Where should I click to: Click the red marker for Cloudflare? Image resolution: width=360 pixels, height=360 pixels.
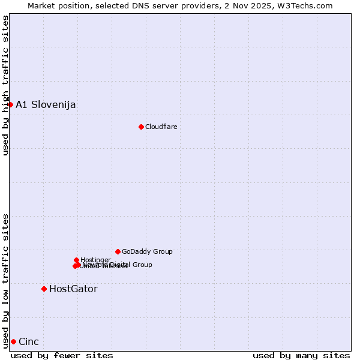(x=141, y=127)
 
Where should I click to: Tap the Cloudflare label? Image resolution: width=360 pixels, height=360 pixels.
(x=161, y=127)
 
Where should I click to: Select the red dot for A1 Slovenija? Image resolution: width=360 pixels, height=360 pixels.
(x=10, y=104)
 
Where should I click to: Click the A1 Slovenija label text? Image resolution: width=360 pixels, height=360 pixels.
(x=46, y=104)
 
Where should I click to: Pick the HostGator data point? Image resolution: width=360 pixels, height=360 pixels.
(x=44, y=289)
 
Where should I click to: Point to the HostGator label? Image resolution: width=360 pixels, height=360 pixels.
(x=73, y=289)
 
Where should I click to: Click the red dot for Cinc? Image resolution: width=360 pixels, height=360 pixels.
(x=13, y=341)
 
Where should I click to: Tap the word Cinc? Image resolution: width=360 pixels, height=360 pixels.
(x=29, y=341)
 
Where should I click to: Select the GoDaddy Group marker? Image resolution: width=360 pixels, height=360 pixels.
(x=118, y=251)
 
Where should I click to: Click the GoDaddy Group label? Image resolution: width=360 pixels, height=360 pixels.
(x=147, y=251)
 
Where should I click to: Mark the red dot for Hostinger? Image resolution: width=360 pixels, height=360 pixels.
(x=76, y=260)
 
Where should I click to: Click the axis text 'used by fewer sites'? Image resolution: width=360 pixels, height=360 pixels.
(x=62, y=355)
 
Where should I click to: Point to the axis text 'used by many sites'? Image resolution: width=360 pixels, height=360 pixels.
(x=301, y=355)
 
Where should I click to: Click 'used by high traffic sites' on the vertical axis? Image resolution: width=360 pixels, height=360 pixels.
(x=6, y=85)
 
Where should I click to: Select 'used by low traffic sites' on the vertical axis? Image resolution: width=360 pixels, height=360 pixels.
(x=6, y=280)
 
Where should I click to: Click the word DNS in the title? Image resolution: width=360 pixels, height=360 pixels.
(x=133, y=5)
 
